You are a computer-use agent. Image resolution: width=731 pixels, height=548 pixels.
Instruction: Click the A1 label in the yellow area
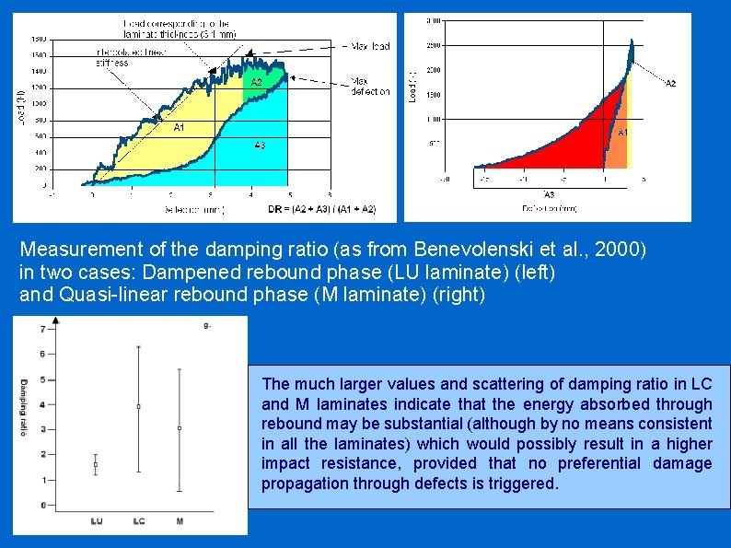coord(180,127)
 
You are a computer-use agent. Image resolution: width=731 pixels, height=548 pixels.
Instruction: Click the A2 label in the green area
coord(257,83)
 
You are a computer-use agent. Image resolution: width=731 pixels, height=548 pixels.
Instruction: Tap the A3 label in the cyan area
coord(260,145)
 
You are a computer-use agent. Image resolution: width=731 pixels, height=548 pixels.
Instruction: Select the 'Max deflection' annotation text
coord(371,86)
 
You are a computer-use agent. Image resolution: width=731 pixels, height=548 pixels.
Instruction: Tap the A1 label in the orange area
coord(622,133)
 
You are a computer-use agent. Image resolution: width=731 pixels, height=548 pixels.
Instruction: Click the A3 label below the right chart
coord(549,194)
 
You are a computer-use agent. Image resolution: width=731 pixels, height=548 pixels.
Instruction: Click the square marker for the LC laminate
coord(139,406)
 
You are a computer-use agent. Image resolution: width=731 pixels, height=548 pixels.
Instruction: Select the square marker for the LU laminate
coord(97,465)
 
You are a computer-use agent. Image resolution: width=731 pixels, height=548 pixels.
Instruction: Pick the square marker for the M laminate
coord(180,428)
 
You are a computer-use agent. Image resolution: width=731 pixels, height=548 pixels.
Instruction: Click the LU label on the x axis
coord(97,521)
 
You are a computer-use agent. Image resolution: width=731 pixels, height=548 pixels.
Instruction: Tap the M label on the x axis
coord(180,521)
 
